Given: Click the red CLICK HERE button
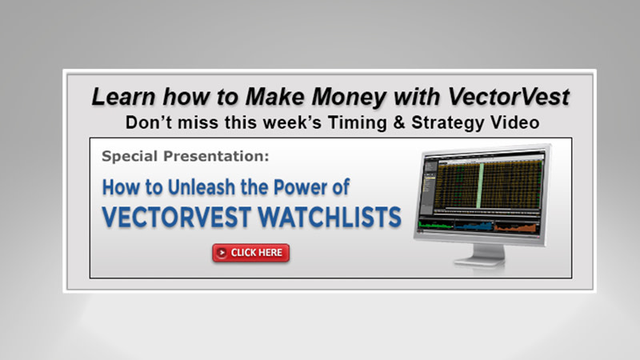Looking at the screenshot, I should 250,253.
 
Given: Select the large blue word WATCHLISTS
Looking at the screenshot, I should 334,218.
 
